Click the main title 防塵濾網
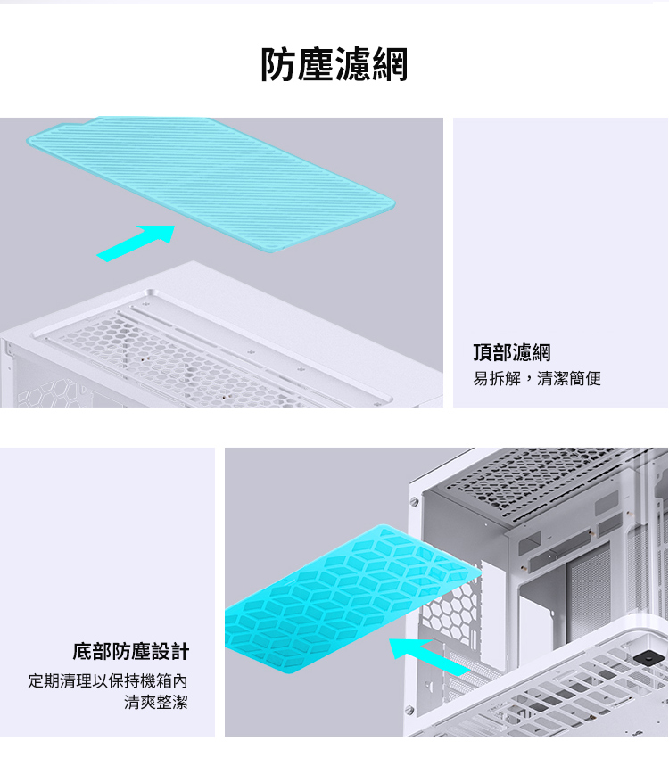pos(334,64)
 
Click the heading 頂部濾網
pos(512,352)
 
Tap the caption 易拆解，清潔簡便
pos(537,378)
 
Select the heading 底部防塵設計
pos(130,651)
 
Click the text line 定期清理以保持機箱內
pos(108,680)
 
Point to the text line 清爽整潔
pos(156,702)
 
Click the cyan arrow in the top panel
pos(136,243)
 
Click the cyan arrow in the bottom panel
pos(429,656)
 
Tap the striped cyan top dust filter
pos(211,183)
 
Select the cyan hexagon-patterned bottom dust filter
pos(350,598)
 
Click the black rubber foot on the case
pos(648,656)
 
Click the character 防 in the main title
pos(278,64)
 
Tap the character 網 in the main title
pos(390,64)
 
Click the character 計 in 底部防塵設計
pos(179,651)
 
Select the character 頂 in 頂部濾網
pos(483,352)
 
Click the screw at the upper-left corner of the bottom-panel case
pos(415,502)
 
